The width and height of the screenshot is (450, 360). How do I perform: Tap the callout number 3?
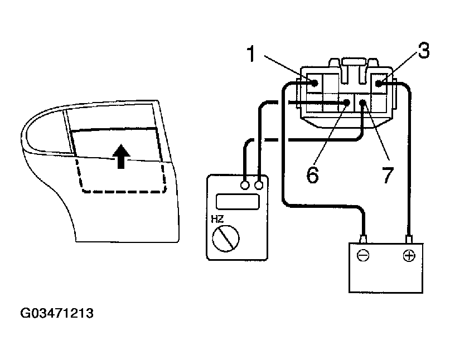(423, 52)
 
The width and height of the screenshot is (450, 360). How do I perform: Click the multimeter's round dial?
(226, 240)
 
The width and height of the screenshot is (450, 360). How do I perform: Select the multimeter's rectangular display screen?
(237, 202)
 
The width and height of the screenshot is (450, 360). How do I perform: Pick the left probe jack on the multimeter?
(245, 185)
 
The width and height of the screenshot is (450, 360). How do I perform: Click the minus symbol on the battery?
(362, 256)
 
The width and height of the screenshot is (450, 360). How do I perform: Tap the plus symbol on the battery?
(409, 256)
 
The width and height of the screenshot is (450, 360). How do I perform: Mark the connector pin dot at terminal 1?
(314, 84)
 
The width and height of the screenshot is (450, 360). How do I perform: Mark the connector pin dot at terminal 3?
(379, 84)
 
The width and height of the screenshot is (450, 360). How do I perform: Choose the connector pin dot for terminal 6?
(347, 103)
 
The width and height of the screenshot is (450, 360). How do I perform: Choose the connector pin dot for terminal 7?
(363, 103)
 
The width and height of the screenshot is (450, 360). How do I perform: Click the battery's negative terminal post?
(364, 240)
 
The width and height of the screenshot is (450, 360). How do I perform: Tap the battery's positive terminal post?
(409, 240)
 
